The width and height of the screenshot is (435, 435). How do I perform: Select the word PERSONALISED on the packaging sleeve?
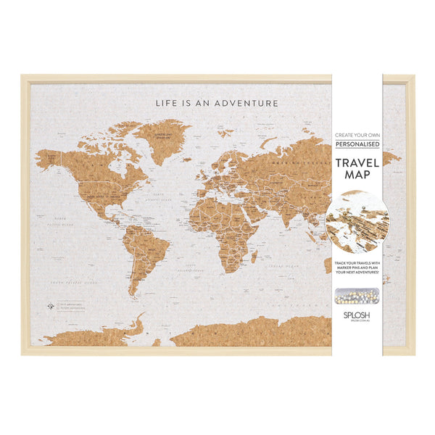(357, 146)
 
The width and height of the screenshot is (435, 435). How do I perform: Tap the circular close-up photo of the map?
(357, 223)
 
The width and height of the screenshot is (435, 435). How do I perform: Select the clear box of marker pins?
(357, 297)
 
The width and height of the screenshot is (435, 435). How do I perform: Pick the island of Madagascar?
(254, 257)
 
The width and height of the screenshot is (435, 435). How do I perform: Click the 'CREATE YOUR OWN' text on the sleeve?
(357, 135)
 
